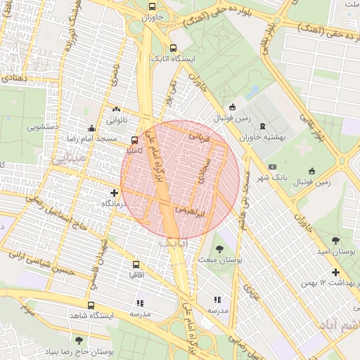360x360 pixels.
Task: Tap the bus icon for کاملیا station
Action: tap(135, 140)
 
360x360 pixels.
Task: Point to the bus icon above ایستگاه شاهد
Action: tap(91, 306)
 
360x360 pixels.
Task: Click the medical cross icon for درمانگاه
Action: tap(115, 193)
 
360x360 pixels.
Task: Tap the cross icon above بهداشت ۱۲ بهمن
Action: tap(335, 272)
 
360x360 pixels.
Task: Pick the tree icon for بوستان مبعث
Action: tap(219, 249)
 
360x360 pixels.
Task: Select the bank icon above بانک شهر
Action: tap(272, 167)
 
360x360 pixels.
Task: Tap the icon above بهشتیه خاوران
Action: tap(262, 127)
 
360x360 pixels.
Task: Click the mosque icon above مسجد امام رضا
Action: tap(91, 129)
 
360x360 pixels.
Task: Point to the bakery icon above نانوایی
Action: tap(116, 110)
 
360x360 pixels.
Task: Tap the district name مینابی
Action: tap(64, 160)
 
